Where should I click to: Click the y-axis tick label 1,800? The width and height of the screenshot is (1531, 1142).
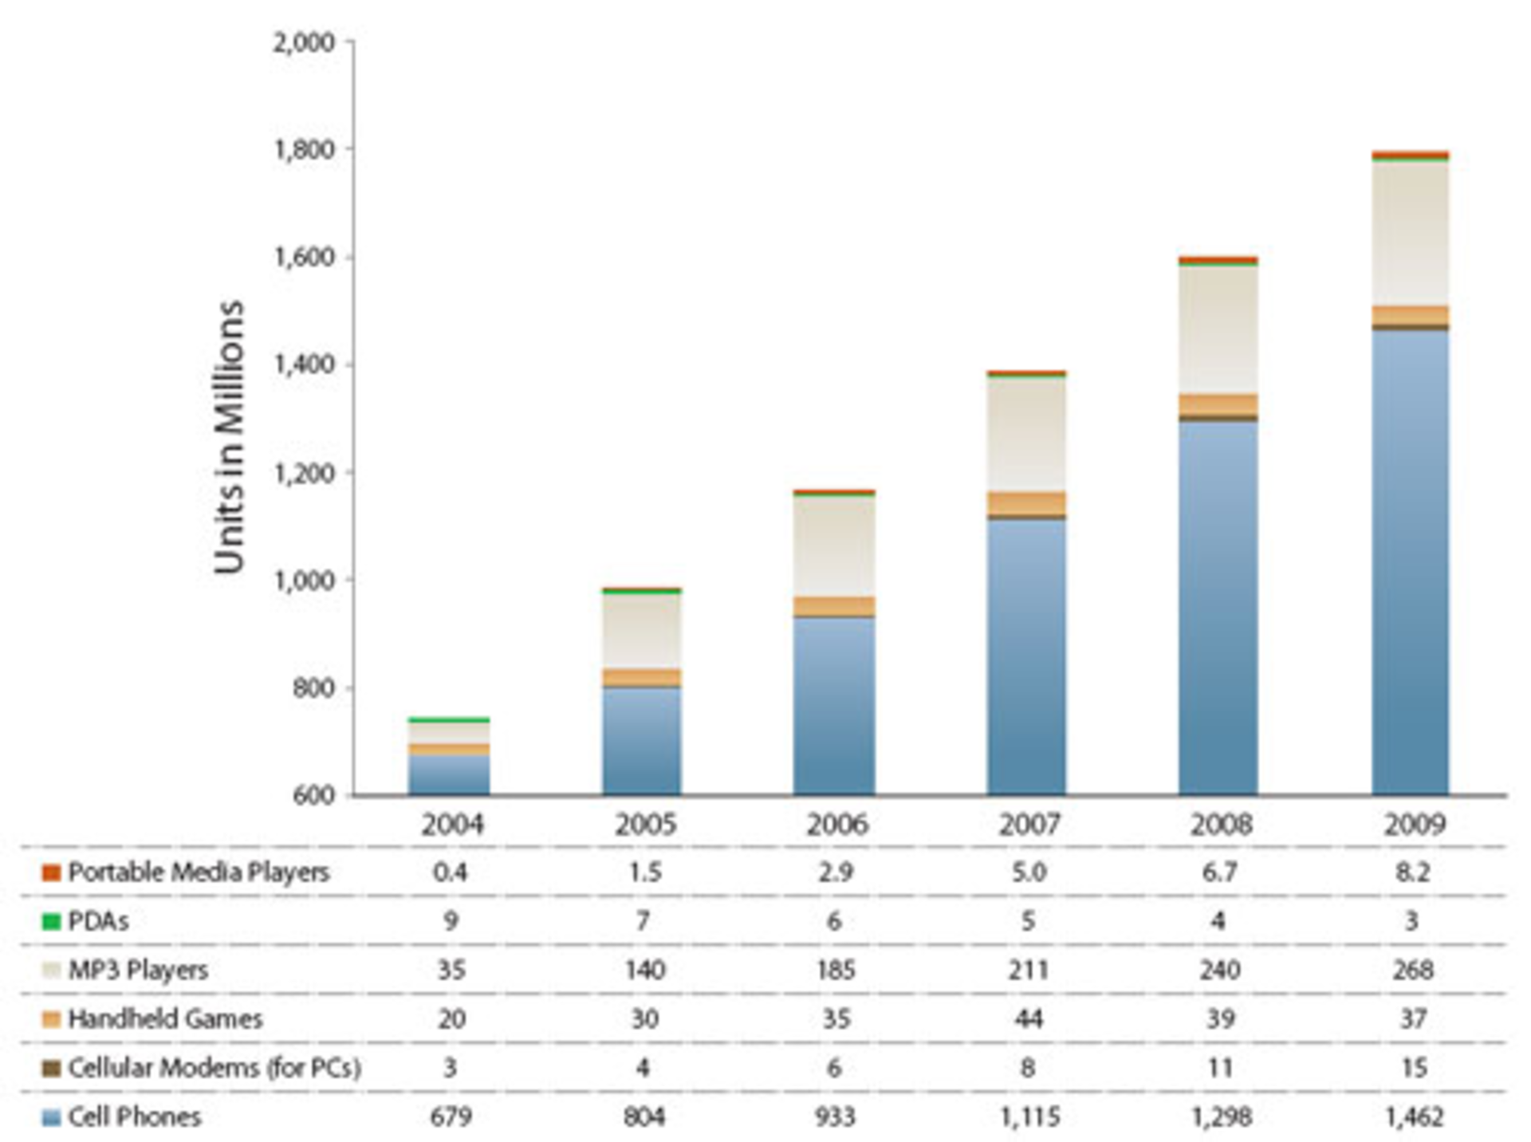(304, 150)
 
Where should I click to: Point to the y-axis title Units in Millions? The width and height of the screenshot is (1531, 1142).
(230, 437)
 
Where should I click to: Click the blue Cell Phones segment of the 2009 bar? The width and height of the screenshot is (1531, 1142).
(1410, 558)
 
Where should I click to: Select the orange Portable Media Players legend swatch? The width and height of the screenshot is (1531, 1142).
(51, 872)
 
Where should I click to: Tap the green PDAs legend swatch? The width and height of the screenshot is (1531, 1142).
(51, 922)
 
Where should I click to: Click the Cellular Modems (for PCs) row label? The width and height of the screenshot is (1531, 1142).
(214, 1068)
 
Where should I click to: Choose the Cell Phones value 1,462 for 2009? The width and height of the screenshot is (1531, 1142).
(1414, 1117)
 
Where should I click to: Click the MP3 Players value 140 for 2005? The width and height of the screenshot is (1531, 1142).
(644, 971)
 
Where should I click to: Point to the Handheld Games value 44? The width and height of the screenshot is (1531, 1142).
(1029, 1019)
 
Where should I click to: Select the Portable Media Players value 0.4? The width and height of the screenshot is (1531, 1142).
(451, 872)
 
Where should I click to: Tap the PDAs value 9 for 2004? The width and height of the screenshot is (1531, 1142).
(451, 922)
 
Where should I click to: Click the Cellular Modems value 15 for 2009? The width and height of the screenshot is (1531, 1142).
(1414, 1068)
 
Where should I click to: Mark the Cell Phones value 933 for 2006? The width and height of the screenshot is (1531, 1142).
(836, 1117)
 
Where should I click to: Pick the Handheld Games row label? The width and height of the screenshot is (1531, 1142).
(165, 1019)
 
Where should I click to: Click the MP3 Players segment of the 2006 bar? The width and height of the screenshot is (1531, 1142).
(834, 546)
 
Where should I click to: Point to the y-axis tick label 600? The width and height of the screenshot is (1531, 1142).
(313, 796)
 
